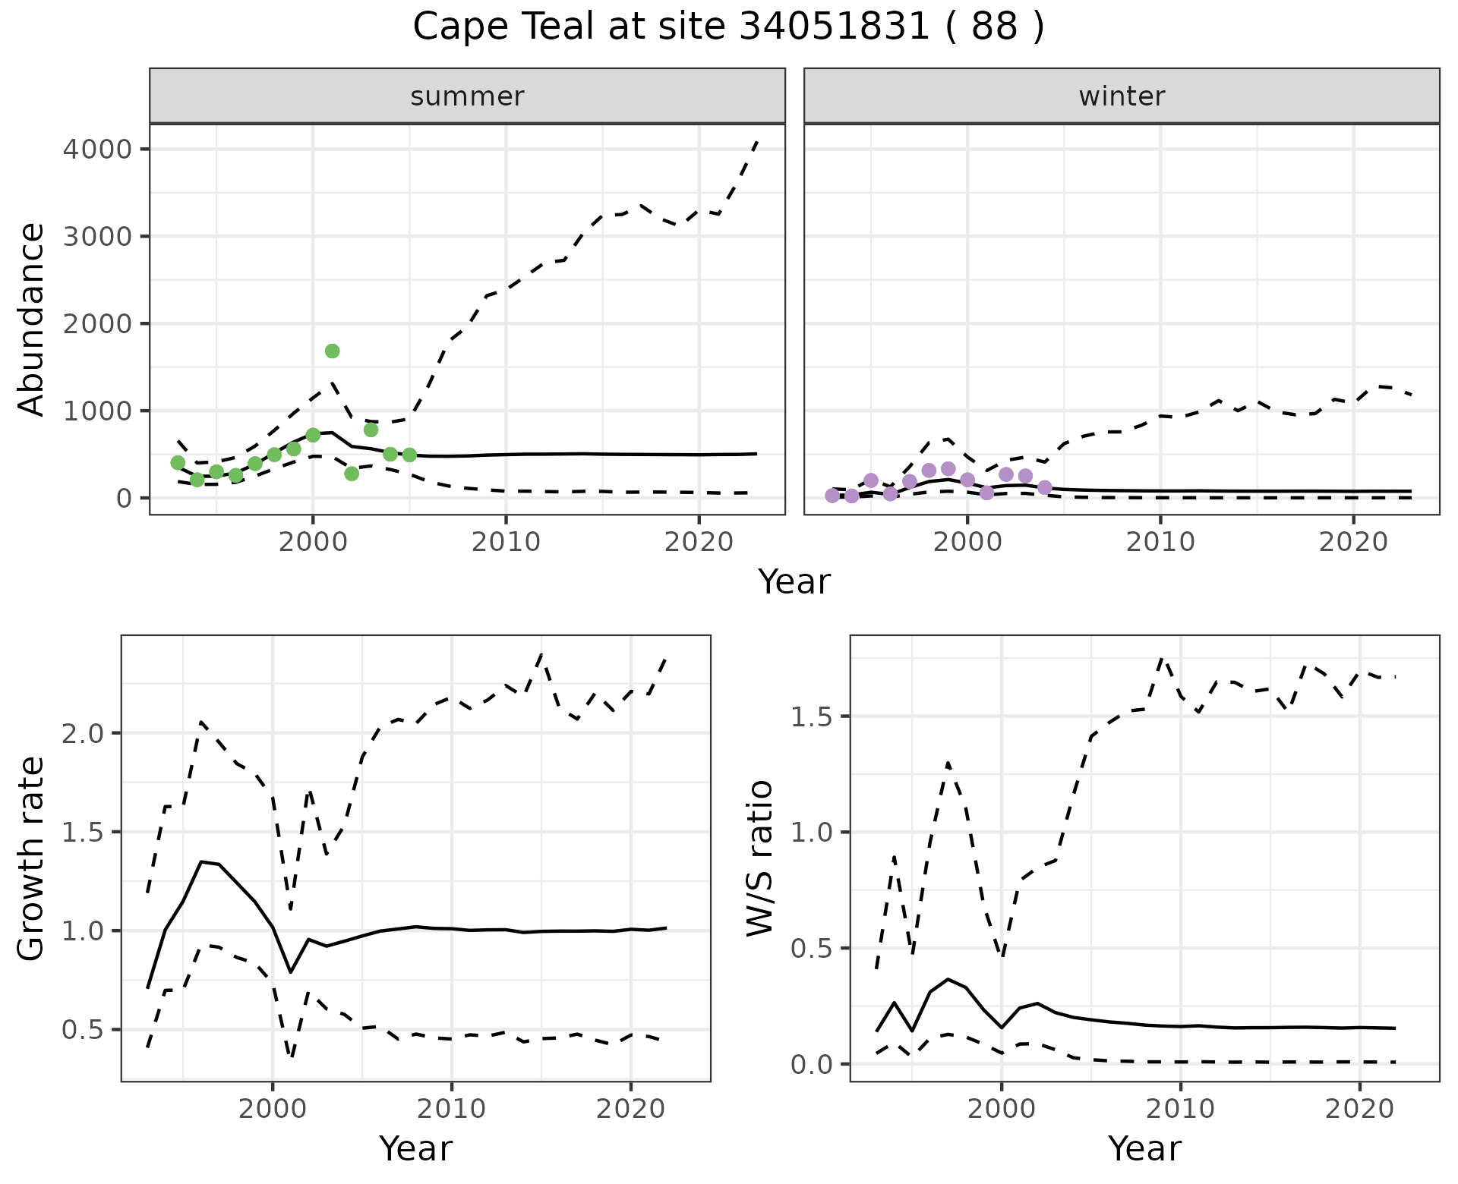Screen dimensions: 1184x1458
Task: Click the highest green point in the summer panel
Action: click(332, 351)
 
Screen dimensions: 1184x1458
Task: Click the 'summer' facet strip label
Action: click(467, 96)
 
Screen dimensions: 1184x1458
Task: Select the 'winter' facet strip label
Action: click(1122, 96)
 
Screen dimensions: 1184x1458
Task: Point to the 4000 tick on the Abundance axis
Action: click(98, 149)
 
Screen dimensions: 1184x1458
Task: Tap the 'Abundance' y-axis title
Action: click(32, 320)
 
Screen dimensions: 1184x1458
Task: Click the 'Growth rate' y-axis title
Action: click(32, 858)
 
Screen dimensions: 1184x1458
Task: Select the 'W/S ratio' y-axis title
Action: click(760, 858)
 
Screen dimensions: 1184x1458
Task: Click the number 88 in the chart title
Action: click(994, 27)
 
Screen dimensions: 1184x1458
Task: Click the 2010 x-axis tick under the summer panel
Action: click(505, 542)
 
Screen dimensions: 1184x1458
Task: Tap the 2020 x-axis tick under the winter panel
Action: click(1352, 542)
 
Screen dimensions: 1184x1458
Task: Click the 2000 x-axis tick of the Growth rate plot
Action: click(273, 1109)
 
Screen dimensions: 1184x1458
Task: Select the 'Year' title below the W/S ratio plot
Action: click(1144, 1148)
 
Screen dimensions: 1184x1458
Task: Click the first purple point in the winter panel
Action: click(832, 496)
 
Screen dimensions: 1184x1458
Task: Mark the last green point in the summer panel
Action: click(409, 455)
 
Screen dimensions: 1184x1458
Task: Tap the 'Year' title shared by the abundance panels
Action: click(794, 582)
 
